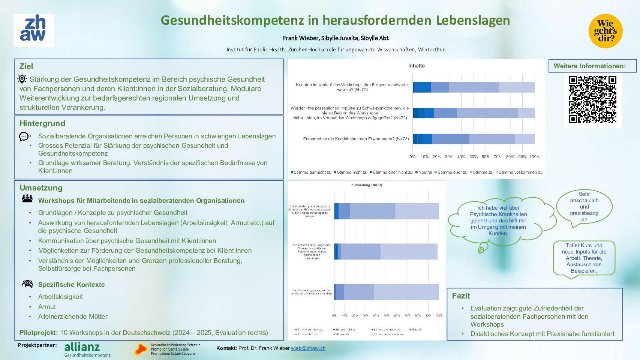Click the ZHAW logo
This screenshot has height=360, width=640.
click(x=34, y=30)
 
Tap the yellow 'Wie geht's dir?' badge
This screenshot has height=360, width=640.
click(x=605, y=31)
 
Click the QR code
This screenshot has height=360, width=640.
click(x=592, y=100)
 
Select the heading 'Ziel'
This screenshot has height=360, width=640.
click(x=26, y=66)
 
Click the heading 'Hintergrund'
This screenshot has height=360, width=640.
click(x=42, y=123)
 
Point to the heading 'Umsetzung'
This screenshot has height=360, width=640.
click(x=41, y=188)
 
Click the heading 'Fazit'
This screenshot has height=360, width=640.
click(x=461, y=296)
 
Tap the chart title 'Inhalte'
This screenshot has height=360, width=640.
click(x=416, y=66)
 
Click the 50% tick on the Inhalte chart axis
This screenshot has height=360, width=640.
click(x=473, y=157)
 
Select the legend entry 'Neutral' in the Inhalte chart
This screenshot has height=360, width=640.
click(x=425, y=172)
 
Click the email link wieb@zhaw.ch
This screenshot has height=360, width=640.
click(x=308, y=348)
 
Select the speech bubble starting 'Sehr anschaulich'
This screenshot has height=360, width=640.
click(x=584, y=207)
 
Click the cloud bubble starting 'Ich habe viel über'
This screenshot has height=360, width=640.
click(x=498, y=220)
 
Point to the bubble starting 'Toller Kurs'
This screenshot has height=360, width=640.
click(x=584, y=258)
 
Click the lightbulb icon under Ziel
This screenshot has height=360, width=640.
click(x=22, y=79)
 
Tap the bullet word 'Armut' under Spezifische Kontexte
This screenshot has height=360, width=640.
click(x=47, y=307)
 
